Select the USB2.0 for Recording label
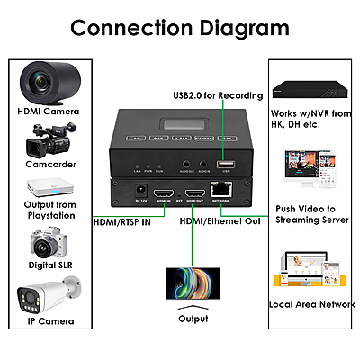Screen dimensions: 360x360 coord(218,95)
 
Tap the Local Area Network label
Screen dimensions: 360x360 coord(312,305)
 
